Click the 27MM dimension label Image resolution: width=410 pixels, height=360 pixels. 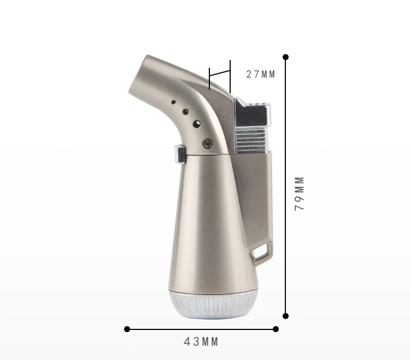pyautogui.click(x=260, y=74)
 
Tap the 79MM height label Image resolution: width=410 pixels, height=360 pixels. pyautogui.click(x=300, y=193)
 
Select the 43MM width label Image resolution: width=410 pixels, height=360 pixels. pyautogui.click(x=201, y=342)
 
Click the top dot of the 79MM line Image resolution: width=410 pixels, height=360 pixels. pyautogui.click(x=285, y=57)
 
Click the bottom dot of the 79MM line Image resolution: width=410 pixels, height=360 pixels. pyautogui.click(x=285, y=316)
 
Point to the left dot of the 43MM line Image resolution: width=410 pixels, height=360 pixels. pyautogui.click(x=127, y=329)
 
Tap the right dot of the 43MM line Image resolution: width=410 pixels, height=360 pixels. pyautogui.click(x=276, y=329)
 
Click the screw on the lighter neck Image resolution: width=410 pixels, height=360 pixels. pyautogui.click(x=208, y=143)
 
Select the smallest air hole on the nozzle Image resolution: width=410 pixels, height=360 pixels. pyautogui.click(x=173, y=102)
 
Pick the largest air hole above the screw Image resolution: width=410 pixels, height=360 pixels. pyautogui.click(x=197, y=124)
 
